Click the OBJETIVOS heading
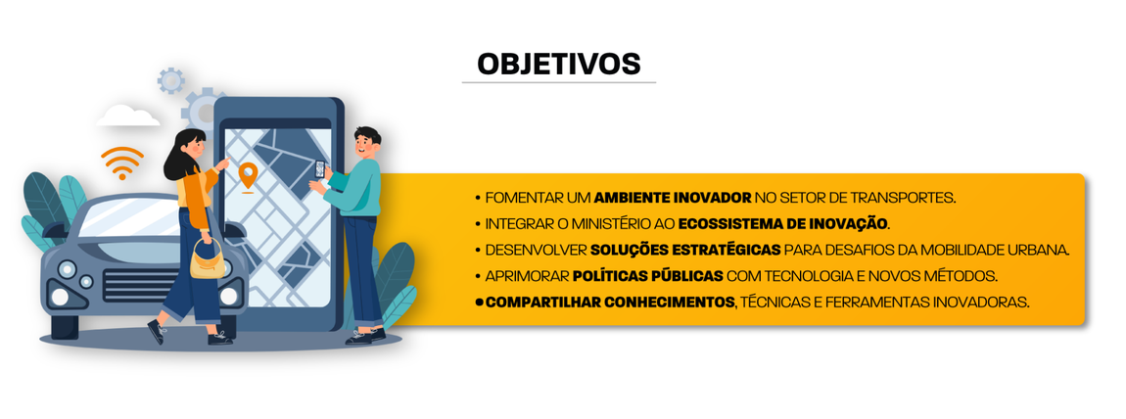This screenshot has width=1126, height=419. tap(558, 64)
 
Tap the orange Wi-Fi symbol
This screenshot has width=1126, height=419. tap(122, 164)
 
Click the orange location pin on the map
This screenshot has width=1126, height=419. tap(248, 176)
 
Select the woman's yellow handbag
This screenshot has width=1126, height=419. tap(206, 261)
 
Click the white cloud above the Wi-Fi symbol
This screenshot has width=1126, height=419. tap(128, 116)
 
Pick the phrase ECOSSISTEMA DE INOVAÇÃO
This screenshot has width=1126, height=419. tap(782, 223)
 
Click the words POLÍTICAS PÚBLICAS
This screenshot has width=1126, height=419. tap(647, 276)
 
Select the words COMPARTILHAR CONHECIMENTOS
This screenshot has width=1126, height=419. tap(609, 303)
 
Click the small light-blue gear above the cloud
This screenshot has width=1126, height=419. tap(171, 80)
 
